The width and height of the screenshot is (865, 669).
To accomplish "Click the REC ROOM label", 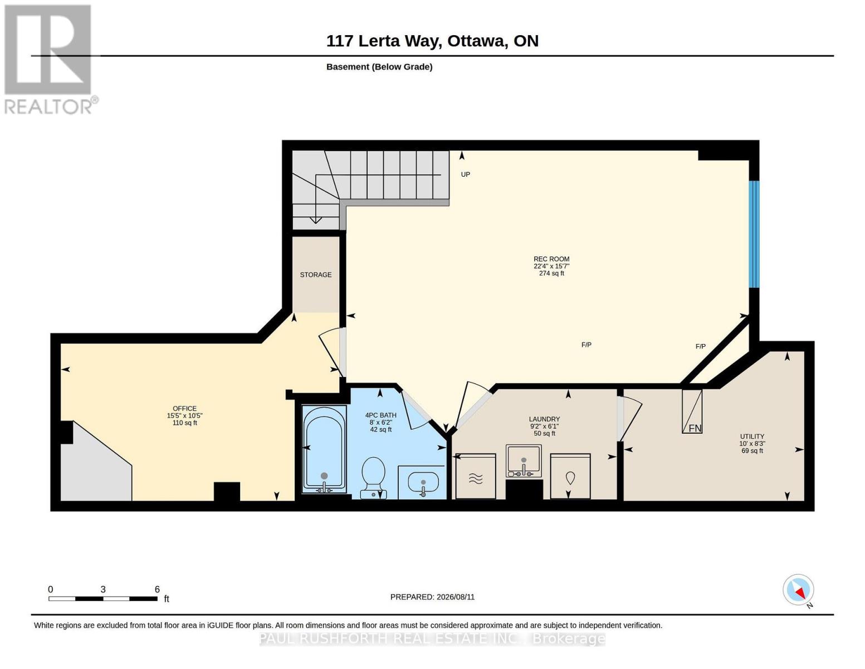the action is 551,259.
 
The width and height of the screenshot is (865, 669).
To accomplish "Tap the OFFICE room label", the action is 184,409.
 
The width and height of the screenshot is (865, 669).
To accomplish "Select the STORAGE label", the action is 316,274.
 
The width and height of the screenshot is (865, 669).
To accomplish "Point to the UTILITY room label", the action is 752,437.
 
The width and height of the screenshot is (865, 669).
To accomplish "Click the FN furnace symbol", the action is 692,411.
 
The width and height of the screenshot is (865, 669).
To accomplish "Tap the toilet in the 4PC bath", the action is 373,477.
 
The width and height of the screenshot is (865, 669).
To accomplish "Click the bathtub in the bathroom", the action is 324,449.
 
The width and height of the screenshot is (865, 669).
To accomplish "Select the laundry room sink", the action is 524,461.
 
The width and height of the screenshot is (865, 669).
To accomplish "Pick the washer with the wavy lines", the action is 476,476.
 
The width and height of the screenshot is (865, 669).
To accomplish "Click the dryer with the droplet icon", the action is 570,476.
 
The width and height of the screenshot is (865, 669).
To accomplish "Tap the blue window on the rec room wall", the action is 754,234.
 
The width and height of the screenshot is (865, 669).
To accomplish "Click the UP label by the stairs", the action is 465,174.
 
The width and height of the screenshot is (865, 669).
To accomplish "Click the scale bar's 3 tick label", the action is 102,589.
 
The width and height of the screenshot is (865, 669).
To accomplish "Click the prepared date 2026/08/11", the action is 456,597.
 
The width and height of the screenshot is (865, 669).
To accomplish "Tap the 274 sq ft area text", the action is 551,273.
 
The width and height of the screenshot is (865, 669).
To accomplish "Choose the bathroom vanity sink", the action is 423,483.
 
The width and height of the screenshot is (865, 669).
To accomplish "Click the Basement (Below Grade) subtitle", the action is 379,67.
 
